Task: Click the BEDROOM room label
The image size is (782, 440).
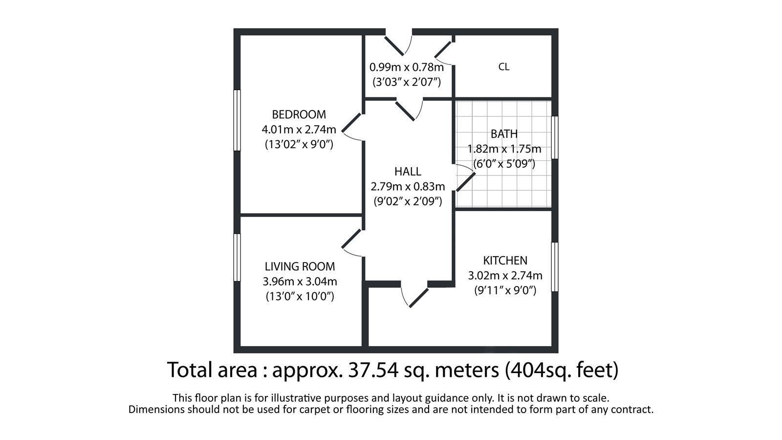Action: click(x=299, y=114)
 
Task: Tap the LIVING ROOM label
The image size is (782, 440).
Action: click(x=300, y=266)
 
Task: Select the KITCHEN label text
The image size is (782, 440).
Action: click(x=505, y=261)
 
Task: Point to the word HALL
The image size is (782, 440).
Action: click(x=408, y=172)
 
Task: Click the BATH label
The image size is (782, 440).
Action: click(x=504, y=134)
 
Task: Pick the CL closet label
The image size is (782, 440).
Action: click(x=504, y=66)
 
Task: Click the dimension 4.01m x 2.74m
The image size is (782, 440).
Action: click(x=299, y=130)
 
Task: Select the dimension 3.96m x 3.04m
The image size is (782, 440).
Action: click(x=300, y=282)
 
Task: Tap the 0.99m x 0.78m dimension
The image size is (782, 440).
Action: click(x=407, y=67)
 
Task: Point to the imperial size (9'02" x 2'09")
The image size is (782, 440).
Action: click(x=408, y=201)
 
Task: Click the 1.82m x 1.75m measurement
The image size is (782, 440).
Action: click(x=504, y=149)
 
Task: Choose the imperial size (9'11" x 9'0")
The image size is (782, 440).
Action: click(x=505, y=290)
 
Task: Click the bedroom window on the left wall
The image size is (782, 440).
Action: click(x=237, y=120)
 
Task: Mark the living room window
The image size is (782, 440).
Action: click(x=237, y=258)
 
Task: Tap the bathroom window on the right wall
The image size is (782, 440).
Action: click(x=555, y=137)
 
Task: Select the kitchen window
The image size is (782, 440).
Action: click(x=555, y=267)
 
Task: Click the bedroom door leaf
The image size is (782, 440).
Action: click(x=351, y=123)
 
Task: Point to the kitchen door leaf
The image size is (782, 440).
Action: click(x=418, y=298)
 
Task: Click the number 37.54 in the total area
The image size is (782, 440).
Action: click(x=373, y=370)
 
